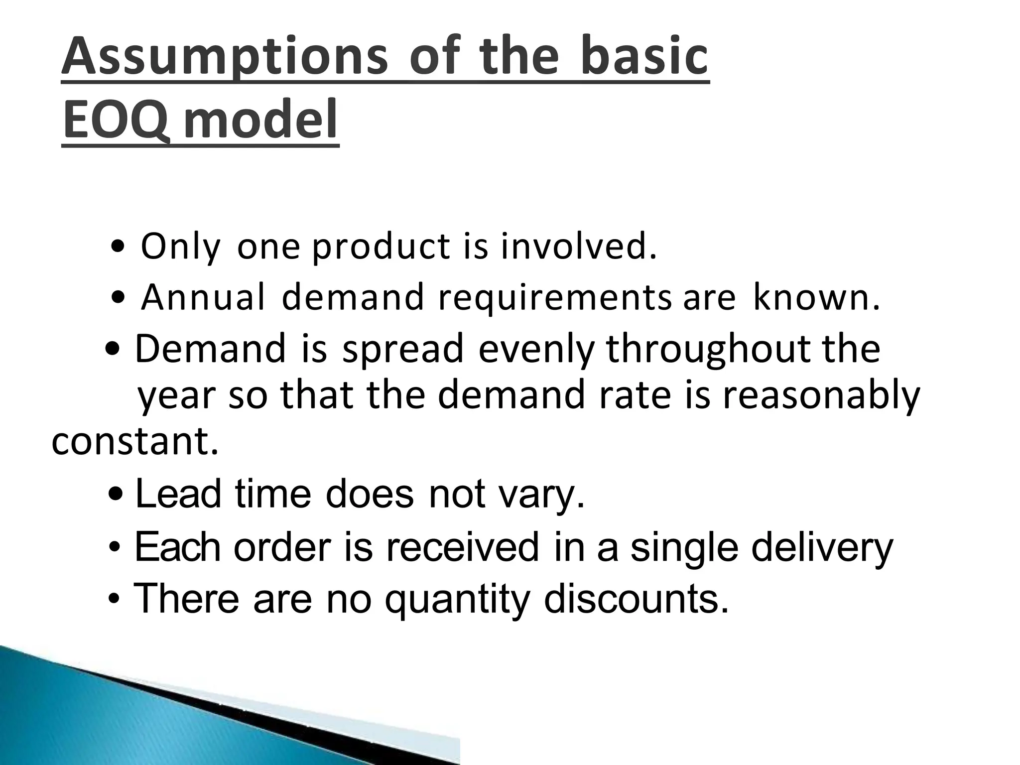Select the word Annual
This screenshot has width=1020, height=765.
(x=203, y=297)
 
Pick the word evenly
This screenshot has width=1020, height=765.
(x=536, y=351)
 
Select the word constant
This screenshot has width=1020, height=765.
(x=135, y=442)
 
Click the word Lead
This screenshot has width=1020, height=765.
(x=178, y=494)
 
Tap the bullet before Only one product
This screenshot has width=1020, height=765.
(x=119, y=248)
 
